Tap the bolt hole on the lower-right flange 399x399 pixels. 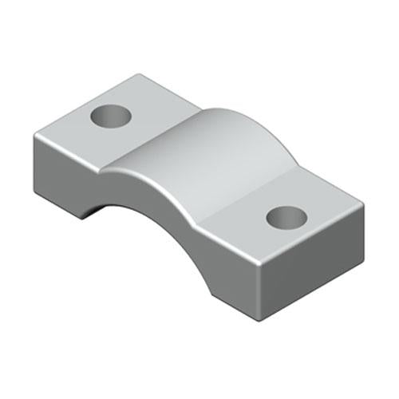click(286, 215)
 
